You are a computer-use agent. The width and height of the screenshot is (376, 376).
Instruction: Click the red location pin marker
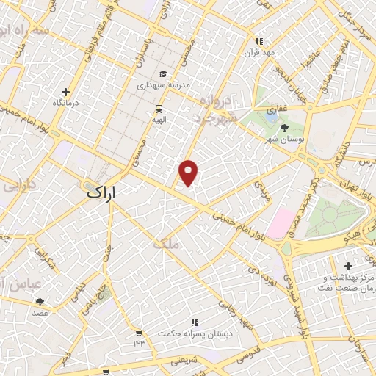pos(189,172)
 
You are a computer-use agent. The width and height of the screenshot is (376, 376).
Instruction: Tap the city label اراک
pos(102,192)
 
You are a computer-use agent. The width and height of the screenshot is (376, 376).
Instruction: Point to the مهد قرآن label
pos(259,53)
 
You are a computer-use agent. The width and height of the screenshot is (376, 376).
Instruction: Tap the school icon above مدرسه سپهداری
pos(162,73)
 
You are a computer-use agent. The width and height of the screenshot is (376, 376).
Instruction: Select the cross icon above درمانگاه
pos(67,93)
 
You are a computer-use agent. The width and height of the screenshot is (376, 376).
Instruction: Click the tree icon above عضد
pos(40,301)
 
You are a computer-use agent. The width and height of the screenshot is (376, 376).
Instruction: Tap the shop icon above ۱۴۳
pos(138,333)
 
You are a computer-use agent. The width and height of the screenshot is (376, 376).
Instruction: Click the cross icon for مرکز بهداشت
pos(349,265)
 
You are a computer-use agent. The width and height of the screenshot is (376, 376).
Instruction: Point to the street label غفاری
pos(272,111)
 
